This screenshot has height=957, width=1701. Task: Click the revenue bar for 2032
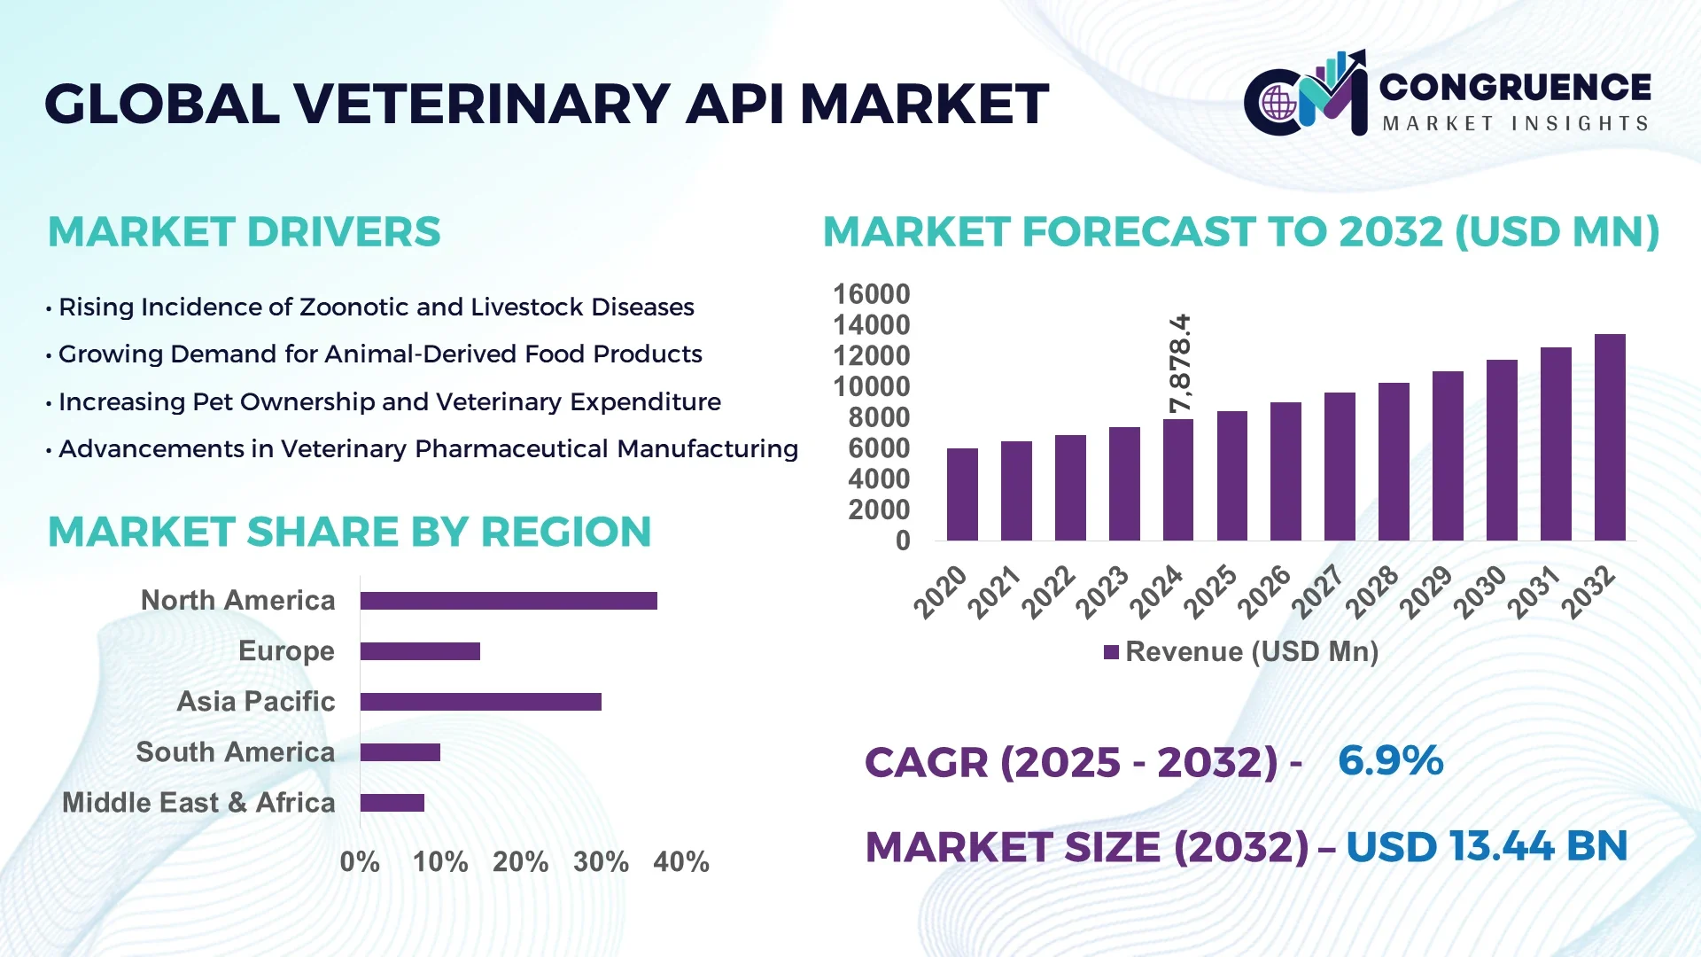click(x=1610, y=438)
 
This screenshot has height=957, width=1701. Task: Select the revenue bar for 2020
click(x=962, y=494)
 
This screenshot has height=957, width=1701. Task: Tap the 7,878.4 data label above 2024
click(x=1179, y=363)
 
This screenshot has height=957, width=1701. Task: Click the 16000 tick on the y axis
click(x=871, y=294)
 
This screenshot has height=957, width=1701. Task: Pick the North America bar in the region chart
click(x=509, y=601)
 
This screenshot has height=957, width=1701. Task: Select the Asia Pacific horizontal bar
click(x=480, y=702)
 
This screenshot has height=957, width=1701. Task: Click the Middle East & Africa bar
click(x=392, y=803)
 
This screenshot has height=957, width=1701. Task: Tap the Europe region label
click(x=286, y=651)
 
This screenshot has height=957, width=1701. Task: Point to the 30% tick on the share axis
click(x=601, y=861)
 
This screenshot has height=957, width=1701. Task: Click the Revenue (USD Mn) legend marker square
click(x=1111, y=652)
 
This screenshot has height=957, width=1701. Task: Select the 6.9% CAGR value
click(x=1390, y=761)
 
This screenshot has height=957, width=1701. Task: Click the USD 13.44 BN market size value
click(x=1486, y=846)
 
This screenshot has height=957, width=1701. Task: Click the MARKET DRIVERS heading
click(x=244, y=232)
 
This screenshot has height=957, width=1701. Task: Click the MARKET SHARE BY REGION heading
click(x=349, y=533)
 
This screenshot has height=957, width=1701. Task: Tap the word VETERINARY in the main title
click(x=483, y=104)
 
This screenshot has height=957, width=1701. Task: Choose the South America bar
click(x=400, y=752)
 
